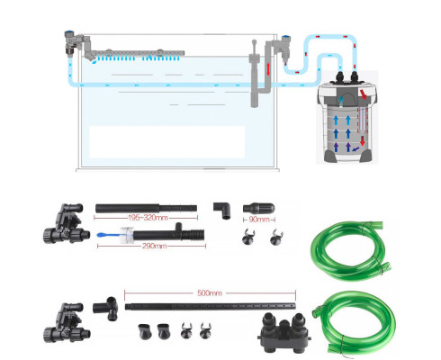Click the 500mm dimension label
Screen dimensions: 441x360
click(x=210, y=292)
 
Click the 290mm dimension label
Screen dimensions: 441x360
click(x=154, y=246)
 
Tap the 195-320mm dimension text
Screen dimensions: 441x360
click(x=148, y=218)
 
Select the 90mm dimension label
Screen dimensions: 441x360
click(x=259, y=220)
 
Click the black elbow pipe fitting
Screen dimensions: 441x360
click(x=223, y=209)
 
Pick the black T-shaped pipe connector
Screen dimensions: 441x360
click(x=105, y=308)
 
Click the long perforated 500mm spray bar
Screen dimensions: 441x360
click(x=210, y=306)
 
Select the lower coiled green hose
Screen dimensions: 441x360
click(x=354, y=322)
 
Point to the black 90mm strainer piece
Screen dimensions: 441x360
click(x=258, y=208)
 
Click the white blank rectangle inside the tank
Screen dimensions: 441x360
click(x=167, y=142)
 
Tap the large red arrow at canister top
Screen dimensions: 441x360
click(x=364, y=94)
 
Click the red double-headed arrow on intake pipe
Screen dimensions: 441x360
click(x=268, y=69)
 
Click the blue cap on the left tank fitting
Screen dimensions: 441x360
click(x=69, y=31)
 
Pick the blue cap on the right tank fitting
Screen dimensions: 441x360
click(x=286, y=38)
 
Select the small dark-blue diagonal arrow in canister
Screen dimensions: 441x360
click(x=355, y=148)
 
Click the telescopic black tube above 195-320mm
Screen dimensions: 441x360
click(x=146, y=208)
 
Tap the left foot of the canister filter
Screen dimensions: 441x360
click(x=329, y=157)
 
